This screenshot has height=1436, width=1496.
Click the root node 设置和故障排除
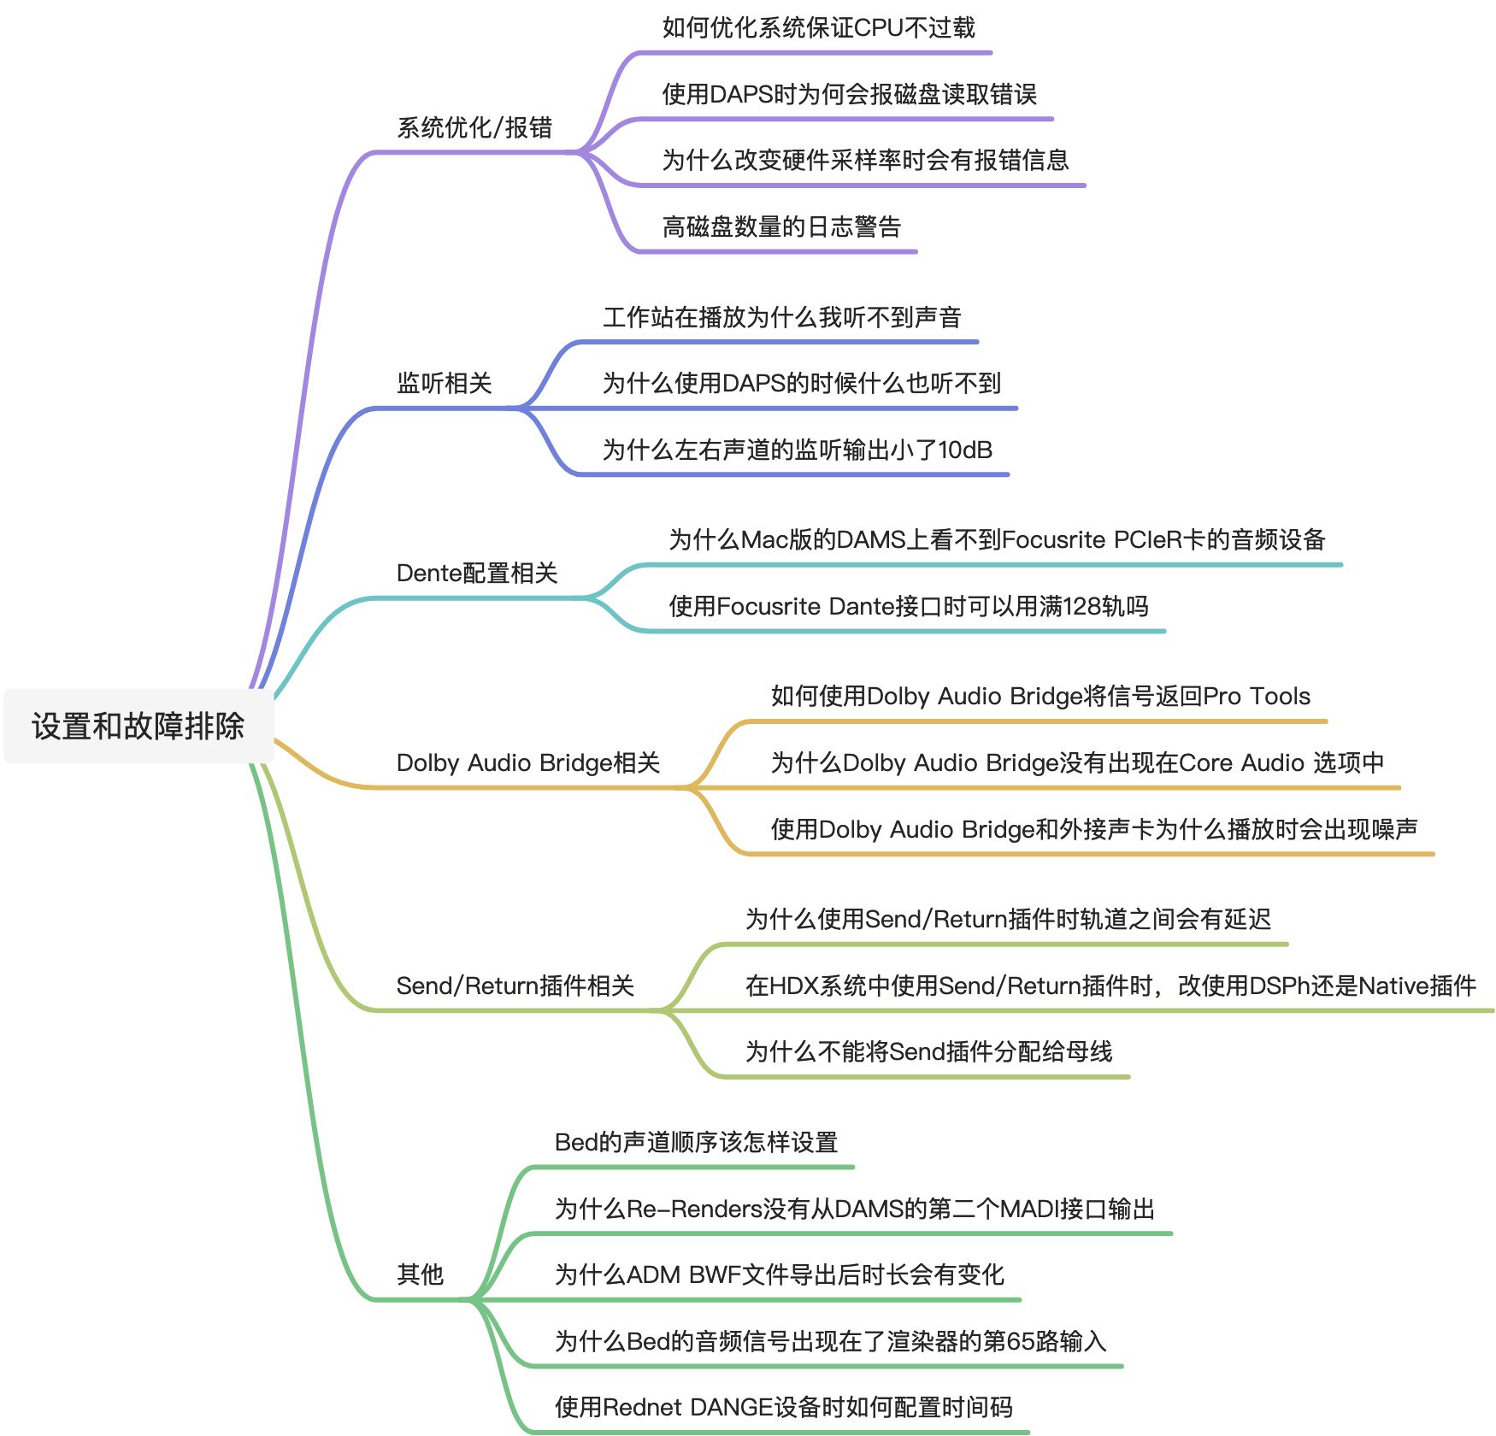tap(138, 727)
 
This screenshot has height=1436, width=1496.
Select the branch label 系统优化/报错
tap(474, 128)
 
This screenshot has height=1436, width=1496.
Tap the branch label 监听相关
tap(444, 384)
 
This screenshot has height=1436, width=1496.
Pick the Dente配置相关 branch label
tap(476, 574)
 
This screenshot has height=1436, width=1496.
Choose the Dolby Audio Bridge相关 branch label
tap(527, 763)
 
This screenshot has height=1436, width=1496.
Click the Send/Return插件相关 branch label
tap(515, 986)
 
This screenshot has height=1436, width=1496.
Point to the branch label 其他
tap(420, 1274)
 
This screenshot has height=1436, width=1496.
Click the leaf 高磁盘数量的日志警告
tap(781, 227)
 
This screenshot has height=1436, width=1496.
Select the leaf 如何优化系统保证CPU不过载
tap(818, 28)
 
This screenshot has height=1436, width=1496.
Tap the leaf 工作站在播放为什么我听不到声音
tap(781, 318)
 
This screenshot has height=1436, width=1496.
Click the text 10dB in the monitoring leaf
tap(965, 450)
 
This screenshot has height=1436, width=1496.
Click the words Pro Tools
tap(1256, 697)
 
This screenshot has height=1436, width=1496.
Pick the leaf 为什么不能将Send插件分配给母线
tap(928, 1052)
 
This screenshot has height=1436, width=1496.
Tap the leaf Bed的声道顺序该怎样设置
tap(696, 1143)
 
